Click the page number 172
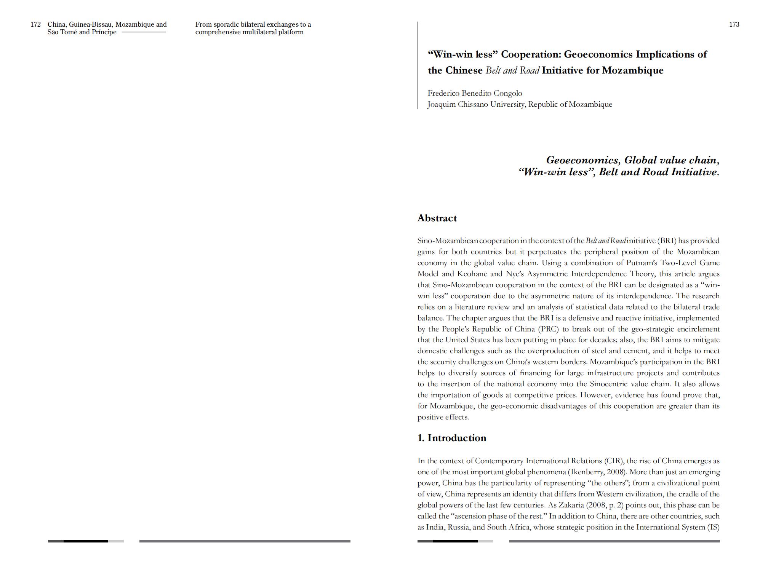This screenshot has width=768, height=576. [x=35, y=24]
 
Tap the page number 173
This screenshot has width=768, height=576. [x=734, y=24]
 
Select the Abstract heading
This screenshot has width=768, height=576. [x=437, y=218]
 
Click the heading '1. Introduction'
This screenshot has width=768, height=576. [x=452, y=438]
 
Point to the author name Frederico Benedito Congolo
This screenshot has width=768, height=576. [x=475, y=93]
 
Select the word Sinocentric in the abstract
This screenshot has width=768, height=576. [x=611, y=384]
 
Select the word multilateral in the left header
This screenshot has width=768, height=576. [x=259, y=32]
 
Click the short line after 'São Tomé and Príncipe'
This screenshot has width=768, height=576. [x=144, y=32]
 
